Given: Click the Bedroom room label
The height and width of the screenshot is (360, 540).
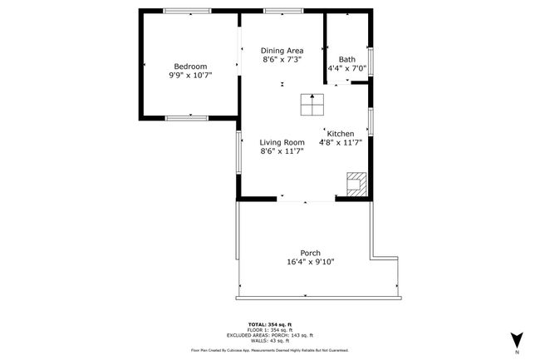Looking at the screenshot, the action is [x=190, y=67].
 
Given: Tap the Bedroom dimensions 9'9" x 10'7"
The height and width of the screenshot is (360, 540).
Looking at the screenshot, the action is [x=190, y=75].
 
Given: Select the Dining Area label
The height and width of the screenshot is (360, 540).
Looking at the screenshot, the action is [x=282, y=51].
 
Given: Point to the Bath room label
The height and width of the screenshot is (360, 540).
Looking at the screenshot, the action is [x=346, y=59].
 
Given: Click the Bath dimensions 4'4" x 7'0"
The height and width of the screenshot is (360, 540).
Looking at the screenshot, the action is [x=346, y=68].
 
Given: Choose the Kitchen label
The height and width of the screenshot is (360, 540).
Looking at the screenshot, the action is [x=341, y=134].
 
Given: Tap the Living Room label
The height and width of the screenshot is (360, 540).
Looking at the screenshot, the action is [x=282, y=142].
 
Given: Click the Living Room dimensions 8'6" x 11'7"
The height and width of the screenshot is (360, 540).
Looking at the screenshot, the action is [x=282, y=150].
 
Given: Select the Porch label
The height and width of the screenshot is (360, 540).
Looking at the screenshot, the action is [x=311, y=253].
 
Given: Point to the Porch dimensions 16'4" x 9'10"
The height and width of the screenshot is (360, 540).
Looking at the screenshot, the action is [x=311, y=262].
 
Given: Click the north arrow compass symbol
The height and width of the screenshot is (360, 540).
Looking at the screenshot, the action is [x=517, y=340].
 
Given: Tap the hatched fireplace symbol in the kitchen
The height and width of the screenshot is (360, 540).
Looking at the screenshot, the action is [x=356, y=185].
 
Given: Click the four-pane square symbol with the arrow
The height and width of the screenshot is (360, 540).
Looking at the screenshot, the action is [x=312, y=105].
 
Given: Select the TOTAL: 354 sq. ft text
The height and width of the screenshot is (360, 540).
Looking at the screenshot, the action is [x=270, y=324].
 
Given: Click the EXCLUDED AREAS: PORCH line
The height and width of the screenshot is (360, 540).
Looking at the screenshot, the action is [x=270, y=335].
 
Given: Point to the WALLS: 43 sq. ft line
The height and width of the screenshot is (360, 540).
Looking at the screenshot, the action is [x=270, y=341].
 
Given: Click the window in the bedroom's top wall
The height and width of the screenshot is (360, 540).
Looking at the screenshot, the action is [x=187, y=11].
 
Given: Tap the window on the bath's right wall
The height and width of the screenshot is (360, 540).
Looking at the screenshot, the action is [x=371, y=62].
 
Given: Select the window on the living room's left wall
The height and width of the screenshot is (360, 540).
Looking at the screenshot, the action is [x=238, y=152].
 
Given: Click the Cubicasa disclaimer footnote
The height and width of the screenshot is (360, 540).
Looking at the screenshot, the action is [x=270, y=350].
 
